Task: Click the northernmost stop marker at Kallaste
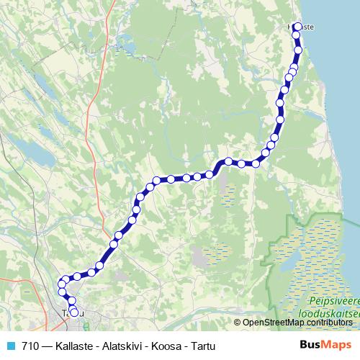click(x=297, y=27)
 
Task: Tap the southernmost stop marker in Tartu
click(x=73, y=312)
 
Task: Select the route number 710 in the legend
click(x=30, y=346)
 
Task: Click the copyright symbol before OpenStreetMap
click(x=238, y=322)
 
